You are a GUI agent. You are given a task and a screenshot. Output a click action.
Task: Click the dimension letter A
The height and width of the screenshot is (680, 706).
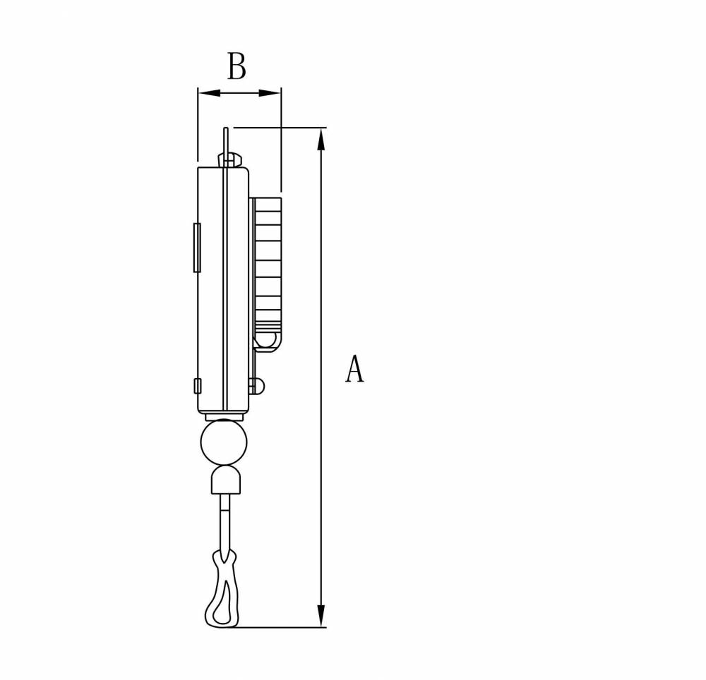coord(354,368)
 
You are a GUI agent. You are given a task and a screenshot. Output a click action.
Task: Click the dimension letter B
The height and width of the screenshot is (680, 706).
coord(237,66)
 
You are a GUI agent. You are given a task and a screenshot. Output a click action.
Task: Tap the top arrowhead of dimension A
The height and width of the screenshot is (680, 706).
coord(321,140)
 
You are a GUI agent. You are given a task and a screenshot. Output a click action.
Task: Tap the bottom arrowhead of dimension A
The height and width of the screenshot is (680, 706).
coord(321,616)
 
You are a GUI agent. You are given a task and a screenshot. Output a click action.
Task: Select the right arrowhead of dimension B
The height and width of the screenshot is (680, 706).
coord(270,93)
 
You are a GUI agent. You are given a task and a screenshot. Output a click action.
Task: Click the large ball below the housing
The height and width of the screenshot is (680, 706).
coord(224,442)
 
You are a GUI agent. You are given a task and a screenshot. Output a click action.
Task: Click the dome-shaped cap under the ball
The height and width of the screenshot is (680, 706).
coord(226,480)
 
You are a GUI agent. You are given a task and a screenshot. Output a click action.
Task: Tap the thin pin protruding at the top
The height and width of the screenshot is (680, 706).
coord(226,142)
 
